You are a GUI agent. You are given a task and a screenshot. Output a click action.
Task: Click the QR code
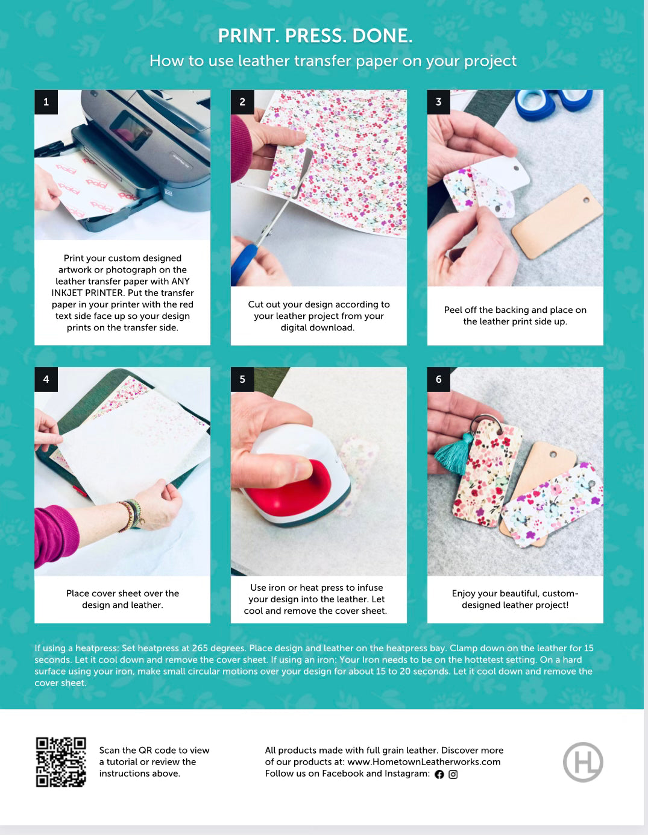click(61, 761)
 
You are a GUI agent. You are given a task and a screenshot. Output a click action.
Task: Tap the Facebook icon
click(439, 774)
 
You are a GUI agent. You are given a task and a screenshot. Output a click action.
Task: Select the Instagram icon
click(453, 774)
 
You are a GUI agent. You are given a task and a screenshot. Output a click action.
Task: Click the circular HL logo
click(583, 762)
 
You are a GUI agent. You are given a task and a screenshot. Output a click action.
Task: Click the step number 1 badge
click(46, 102)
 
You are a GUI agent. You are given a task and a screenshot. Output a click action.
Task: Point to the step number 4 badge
click(46, 379)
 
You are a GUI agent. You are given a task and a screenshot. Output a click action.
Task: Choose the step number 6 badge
click(439, 379)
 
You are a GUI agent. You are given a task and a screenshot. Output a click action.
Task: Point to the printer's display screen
click(131, 129)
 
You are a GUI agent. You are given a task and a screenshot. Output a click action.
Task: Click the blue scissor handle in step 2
click(244, 265)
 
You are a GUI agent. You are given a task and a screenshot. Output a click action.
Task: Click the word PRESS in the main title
click(313, 36)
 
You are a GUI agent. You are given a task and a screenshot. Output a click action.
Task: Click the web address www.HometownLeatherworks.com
click(424, 761)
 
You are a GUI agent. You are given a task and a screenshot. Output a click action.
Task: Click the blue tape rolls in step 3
click(553, 104)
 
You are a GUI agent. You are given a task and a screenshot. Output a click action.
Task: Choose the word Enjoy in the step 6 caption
click(464, 594)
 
